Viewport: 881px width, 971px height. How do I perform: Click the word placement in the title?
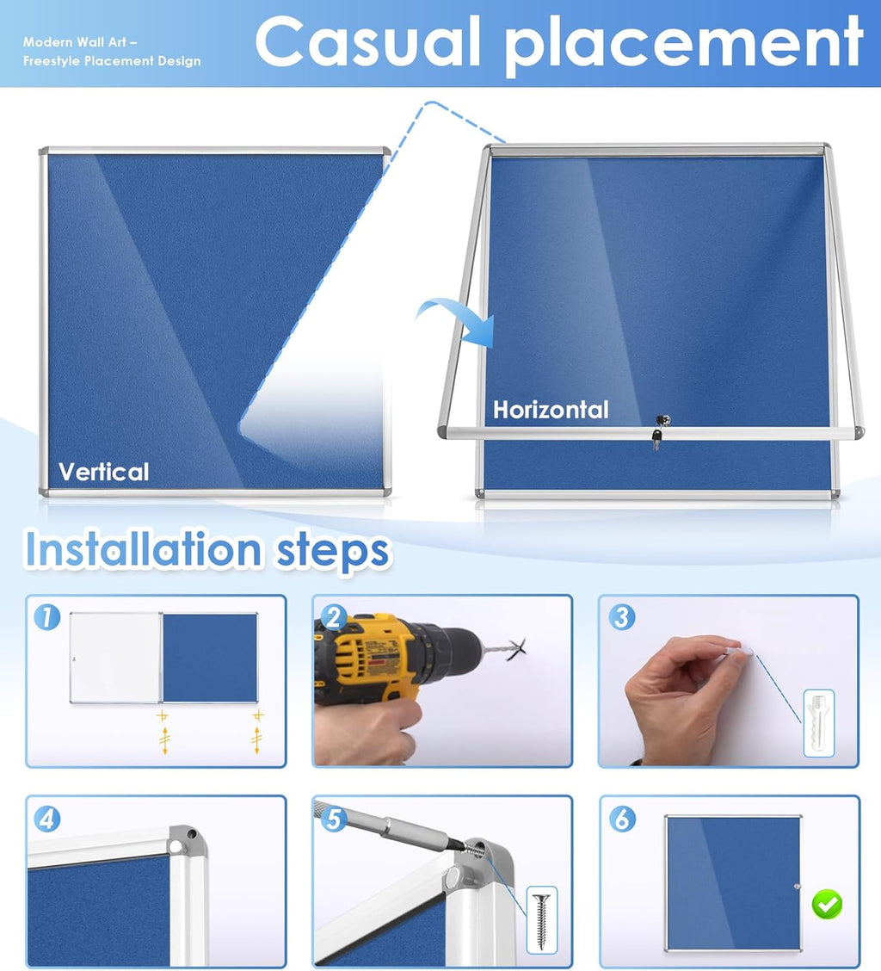(683, 46)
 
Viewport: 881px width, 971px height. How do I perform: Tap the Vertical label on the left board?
(103, 472)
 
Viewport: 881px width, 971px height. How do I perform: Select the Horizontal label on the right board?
(551, 410)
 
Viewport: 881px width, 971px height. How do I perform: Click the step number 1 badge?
(47, 617)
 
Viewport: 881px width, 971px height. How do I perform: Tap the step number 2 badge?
(334, 617)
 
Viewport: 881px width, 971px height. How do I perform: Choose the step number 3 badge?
(621, 617)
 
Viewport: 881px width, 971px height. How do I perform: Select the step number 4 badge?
(47, 819)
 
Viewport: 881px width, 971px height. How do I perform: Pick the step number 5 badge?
(334, 819)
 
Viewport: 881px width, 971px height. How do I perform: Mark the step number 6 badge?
(622, 819)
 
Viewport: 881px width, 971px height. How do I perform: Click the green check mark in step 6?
(827, 904)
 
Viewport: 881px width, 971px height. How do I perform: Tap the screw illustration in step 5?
(541, 921)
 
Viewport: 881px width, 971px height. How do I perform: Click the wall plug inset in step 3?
(818, 723)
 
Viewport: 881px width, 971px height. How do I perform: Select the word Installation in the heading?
(143, 549)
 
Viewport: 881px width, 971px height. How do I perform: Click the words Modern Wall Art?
(75, 42)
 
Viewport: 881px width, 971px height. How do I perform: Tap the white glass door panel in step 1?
(116, 657)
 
